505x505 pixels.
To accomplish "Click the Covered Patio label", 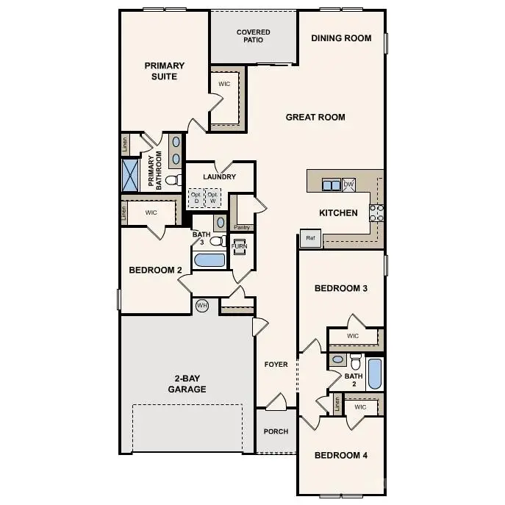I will point(253,36).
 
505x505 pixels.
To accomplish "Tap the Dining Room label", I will point(341,38).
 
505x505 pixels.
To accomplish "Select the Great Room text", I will point(315,117).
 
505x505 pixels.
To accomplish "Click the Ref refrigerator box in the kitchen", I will point(309,238).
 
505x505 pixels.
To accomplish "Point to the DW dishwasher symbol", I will point(348,185).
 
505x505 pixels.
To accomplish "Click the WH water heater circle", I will point(202,305).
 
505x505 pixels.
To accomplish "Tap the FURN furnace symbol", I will point(240,246).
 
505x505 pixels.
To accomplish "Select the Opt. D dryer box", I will point(196,197).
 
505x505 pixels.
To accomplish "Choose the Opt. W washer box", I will point(214,197).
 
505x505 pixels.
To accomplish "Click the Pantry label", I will point(241,227).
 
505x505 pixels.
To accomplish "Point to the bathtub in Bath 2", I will point(374,374).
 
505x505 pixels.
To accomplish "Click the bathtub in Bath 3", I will point(209,259).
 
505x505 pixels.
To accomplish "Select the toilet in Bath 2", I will point(355,362).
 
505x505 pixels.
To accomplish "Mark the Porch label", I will point(276,431).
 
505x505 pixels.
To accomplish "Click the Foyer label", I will point(276,365).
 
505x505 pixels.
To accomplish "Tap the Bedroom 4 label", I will point(341,455).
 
